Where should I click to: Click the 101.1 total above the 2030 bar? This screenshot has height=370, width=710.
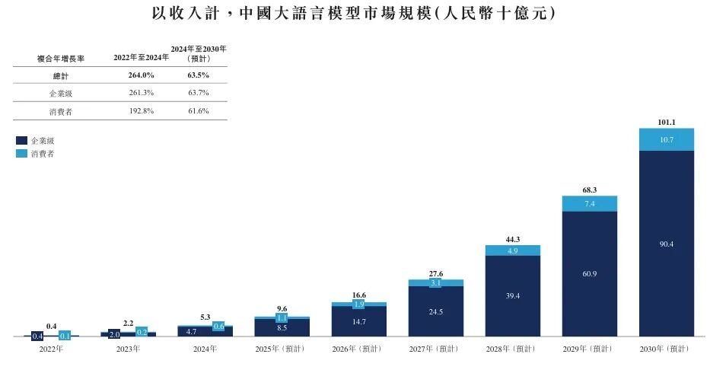pyautogui.click(x=666, y=123)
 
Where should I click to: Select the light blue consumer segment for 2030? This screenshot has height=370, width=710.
pyautogui.click(x=667, y=139)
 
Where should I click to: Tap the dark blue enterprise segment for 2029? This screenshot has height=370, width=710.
pyautogui.click(x=590, y=274)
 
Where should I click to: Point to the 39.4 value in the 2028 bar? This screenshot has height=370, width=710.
pyautogui.click(x=513, y=295)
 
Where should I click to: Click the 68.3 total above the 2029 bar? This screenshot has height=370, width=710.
pyautogui.click(x=589, y=190)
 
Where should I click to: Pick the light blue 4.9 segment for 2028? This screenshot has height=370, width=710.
pyautogui.click(x=513, y=250)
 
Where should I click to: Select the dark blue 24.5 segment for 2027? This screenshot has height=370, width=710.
pyautogui.click(x=435, y=311)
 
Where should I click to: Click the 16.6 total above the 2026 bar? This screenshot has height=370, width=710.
pyautogui.click(x=358, y=295)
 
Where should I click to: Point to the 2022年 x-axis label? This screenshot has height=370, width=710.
pyautogui.click(x=51, y=349)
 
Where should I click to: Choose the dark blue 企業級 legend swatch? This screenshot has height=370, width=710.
pyautogui.click(x=21, y=140)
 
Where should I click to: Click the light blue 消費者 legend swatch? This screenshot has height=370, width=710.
pyautogui.click(x=21, y=154)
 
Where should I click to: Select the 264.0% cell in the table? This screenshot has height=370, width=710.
pyautogui.click(x=141, y=75)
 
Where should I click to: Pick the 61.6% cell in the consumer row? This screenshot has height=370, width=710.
pyautogui.click(x=199, y=111)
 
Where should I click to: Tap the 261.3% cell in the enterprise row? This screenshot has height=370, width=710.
pyautogui.click(x=142, y=93)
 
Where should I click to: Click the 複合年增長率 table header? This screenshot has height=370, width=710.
pyautogui.click(x=61, y=59)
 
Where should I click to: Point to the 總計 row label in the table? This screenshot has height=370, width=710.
pyautogui.click(x=61, y=75)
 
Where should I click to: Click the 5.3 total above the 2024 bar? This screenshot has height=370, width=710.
pyautogui.click(x=205, y=317)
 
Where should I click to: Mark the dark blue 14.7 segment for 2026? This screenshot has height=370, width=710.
pyautogui.click(x=358, y=321)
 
